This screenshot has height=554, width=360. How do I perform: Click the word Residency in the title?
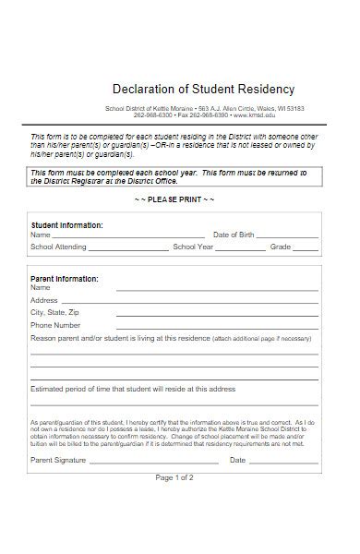(x=264, y=90)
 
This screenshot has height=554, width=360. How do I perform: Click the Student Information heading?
(x=67, y=225)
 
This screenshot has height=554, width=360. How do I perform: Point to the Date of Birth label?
(x=234, y=235)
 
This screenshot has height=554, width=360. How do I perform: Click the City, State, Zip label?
(x=55, y=313)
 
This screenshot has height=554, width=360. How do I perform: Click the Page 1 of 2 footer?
(x=174, y=477)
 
